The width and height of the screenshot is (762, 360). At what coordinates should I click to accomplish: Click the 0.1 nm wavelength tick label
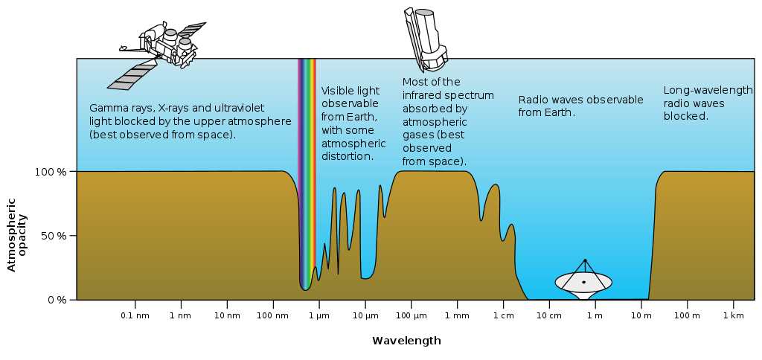tap(135, 316)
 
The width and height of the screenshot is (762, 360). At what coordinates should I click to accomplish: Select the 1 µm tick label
tap(318, 316)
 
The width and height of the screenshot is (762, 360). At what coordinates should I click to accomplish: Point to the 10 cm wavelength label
tap(549, 316)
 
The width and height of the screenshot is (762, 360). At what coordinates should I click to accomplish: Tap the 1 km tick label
tap(733, 316)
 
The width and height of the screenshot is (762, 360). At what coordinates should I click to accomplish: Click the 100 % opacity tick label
tap(51, 172)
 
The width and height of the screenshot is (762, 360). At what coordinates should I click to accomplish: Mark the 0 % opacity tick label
tap(57, 300)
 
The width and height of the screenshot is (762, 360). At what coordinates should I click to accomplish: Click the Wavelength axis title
tap(407, 341)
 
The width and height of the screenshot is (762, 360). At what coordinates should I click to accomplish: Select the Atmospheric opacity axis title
tap(17, 235)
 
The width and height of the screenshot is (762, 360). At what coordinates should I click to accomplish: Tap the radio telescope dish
tap(583, 283)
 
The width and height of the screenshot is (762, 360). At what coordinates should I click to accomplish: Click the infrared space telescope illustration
tap(424, 38)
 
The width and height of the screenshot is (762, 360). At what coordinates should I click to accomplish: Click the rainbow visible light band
tap(307, 174)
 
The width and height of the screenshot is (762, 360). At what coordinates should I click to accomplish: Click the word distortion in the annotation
tap(347, 156)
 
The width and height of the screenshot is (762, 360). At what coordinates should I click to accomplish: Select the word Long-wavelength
tap(708, 90)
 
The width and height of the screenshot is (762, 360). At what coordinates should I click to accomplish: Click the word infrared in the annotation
tap(423, 95)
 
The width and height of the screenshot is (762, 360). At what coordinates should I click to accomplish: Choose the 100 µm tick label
tap(411, 316)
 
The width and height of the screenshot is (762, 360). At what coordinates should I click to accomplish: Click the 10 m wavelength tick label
tap(641, 316)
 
